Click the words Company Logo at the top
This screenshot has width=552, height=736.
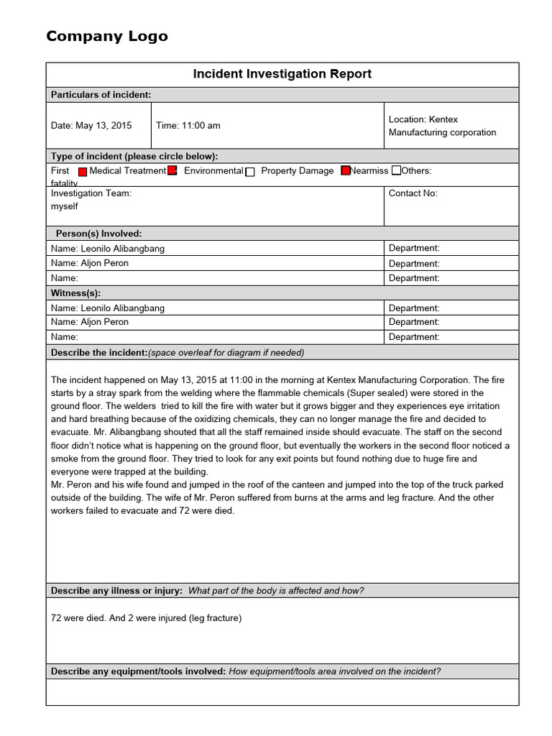pyautogui.click(x=106, y=36)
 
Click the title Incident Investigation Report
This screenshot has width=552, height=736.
pyautogui.click(x=282, y=74)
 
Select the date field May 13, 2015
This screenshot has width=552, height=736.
pyautogui.click(x=91, y=125)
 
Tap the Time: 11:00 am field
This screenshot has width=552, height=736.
pyautogui.click(x=188, y=125)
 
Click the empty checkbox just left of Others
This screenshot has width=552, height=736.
pyautogui.click(x=397, y=171)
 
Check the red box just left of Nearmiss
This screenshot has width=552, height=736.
pyautogui.click(x=346, y=171)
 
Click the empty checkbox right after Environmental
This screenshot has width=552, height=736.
pyautogui.click(x=250, y=172)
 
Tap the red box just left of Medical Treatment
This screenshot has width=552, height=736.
pyautogui.click(x=82, y=172)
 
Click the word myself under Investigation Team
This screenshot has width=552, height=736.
pyautogui.click(x=65, y=206)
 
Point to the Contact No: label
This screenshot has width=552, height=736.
pyautogui.click(x=413, y=193)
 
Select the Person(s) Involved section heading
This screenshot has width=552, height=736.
pyautogui.click(x=98, y=234)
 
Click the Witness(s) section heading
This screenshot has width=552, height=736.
pyautogui.click(x=75, y=293)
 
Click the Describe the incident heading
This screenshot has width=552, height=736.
pyautogui.click(x=99, y=352)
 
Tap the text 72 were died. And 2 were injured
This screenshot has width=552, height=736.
pyautogui.click(x=146, y=618)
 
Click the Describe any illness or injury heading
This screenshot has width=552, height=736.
pyautogui.click(x=116, y=591)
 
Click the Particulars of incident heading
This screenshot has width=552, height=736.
pyautogui.click(x=101, y=95)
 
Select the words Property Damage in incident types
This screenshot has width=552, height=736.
pyautogui.click(x=297, y=171)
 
